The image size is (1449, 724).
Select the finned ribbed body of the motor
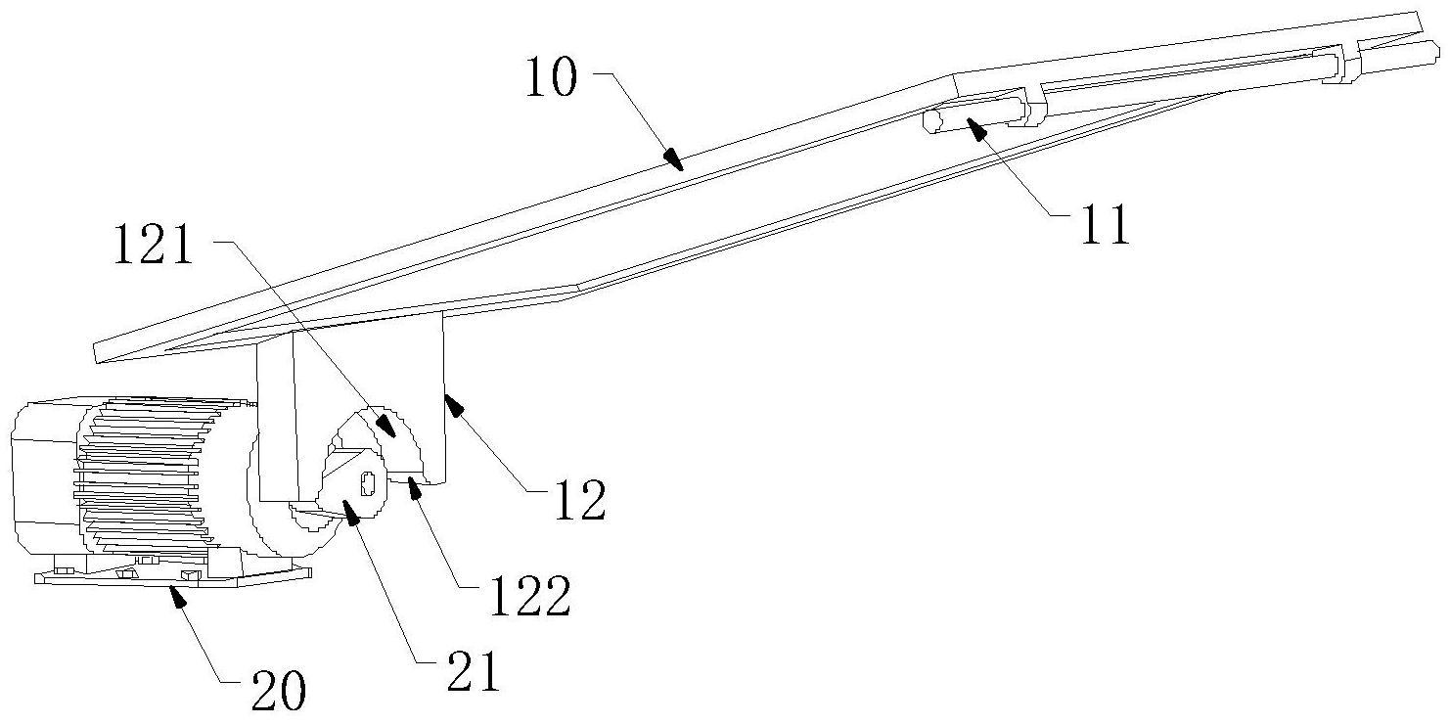(147, 479)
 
